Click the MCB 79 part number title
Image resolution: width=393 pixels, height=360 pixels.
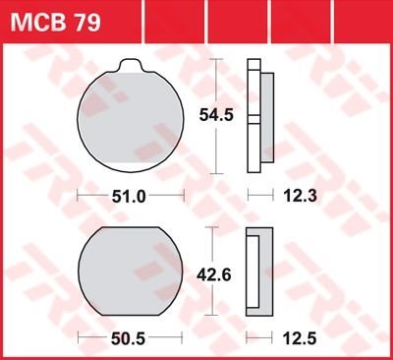(x=55, y=23)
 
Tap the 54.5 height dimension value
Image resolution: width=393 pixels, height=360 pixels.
(x=216, y=115)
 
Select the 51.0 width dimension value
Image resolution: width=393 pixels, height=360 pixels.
(x=129, y=197)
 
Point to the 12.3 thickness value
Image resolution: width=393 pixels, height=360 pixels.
(x=301, y=196)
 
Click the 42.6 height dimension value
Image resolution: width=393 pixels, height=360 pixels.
(x=214, y=274)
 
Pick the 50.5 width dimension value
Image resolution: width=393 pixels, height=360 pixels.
(x=128, y=338)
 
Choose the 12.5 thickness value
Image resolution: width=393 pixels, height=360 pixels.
(x=300, y=338)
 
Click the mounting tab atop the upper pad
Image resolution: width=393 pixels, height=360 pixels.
(x=131, y=65)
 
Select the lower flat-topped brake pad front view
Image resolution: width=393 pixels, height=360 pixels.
(x=131, y=271)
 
